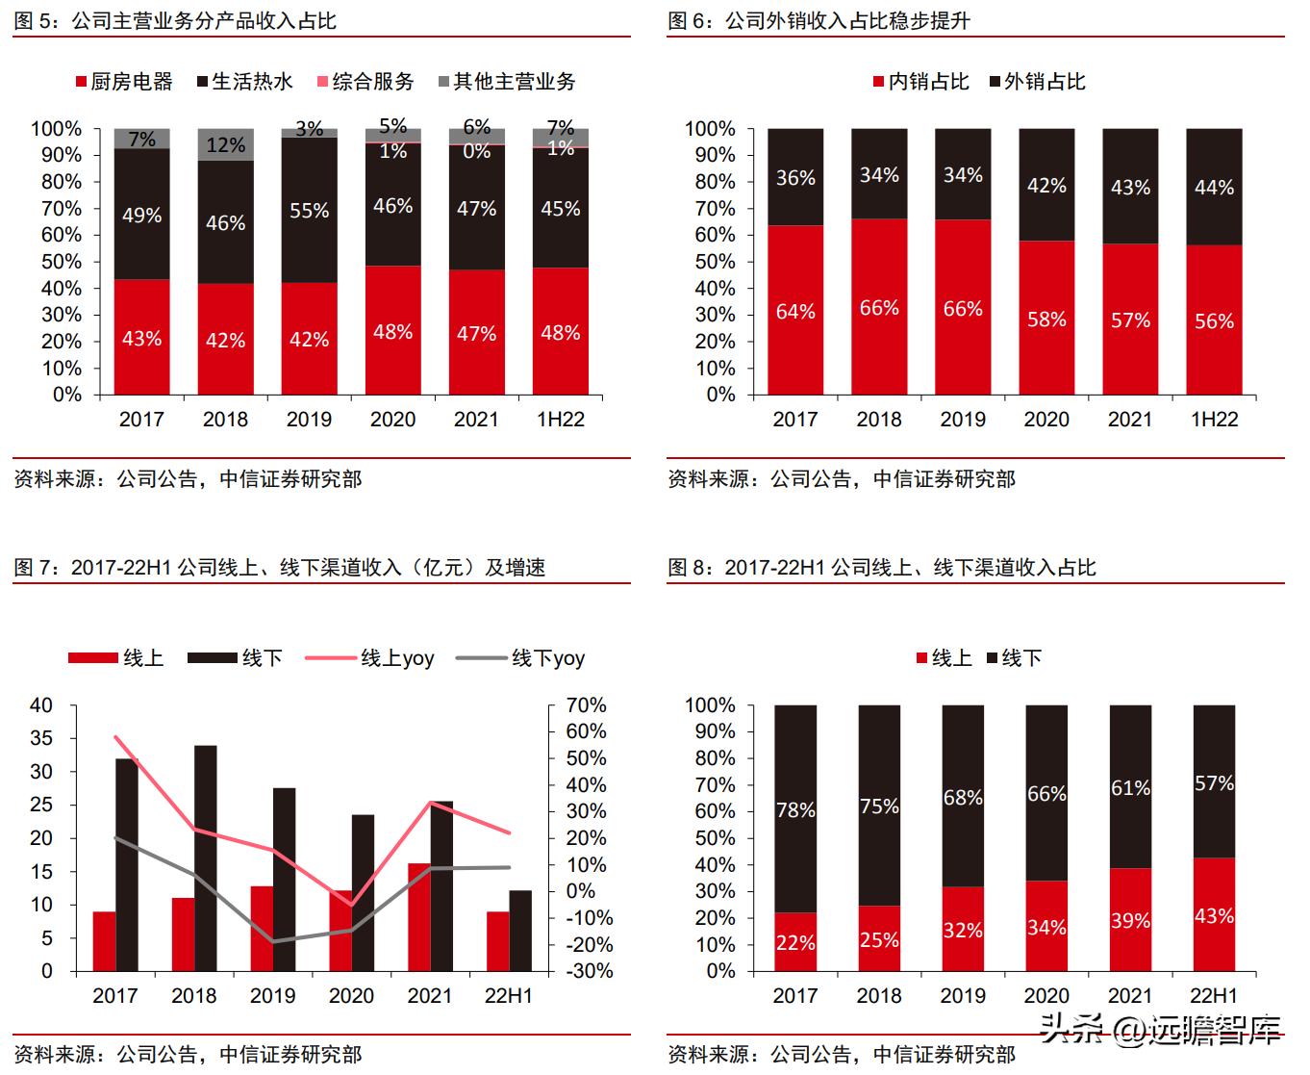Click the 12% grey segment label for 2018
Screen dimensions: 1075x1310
pyautogui.click(x=226, y=145)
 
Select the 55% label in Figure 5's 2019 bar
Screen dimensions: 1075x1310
pyautogui.click(x=310, y=210)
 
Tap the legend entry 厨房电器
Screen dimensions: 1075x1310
pyautogui.click(x=124, y=82)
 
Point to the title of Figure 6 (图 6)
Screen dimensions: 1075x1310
pyautogui.click(x=819, y=20)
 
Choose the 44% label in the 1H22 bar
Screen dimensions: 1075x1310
pyautogui.click(x=1214, y=188)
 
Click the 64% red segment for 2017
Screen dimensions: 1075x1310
pyautogui.click(x=795, y=311)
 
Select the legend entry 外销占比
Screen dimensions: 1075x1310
pyautogui.click(x=1037, y=82)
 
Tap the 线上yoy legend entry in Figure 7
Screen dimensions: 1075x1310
pyautogui.click(x=370, y=658)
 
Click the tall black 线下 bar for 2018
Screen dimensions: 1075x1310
pyautogui.click(x=206, y=857)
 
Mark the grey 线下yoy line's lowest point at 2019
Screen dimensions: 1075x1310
pyautogui.click(x=273, y=941)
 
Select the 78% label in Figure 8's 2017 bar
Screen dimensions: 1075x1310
pyautogui.click(x=795, y=810)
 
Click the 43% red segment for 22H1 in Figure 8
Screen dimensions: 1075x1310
pyautogui.click(x=1214, y=915)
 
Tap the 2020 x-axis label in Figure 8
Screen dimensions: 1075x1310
pyautogui.click(x=1046, y=996)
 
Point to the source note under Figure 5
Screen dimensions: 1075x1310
pyautogui.click(x=188, y=478)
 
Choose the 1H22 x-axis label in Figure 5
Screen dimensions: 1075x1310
pyautogui.click(x=560, y=420)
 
